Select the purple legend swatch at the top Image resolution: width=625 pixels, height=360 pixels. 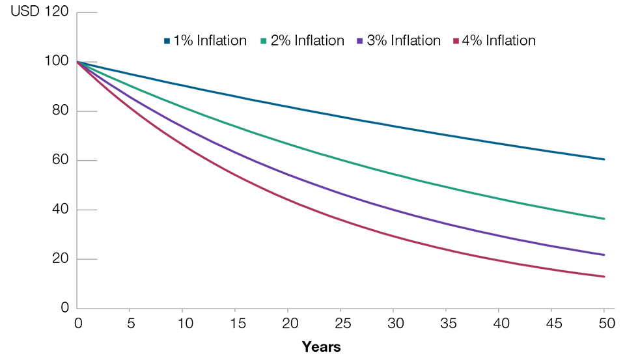(x=357, y=39)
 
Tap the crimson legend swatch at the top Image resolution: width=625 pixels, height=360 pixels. (x=454, y=46)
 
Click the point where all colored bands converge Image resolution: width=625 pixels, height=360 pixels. (x=79, y=61)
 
